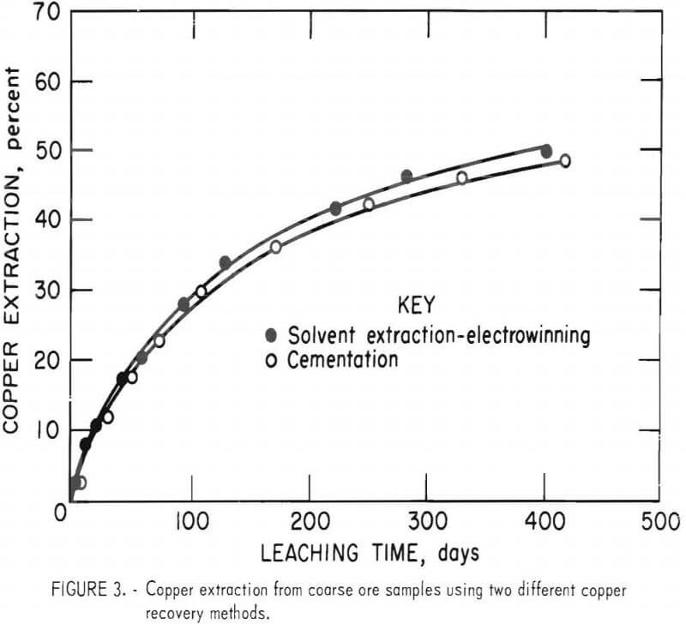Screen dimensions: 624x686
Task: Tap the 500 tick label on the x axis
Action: tap(659, 521)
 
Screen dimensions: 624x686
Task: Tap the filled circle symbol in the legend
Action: tap(272, 333)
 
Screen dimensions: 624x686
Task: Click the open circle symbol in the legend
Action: tap(272, 360)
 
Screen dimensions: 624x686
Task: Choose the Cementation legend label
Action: tap(343, 360)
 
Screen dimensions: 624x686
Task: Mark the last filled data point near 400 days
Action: tap(546, 152)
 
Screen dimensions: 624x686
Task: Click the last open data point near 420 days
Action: tap(565, 161)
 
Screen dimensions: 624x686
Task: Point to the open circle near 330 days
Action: tap(462, 178)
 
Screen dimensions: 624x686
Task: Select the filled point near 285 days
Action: tap(406, 177)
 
